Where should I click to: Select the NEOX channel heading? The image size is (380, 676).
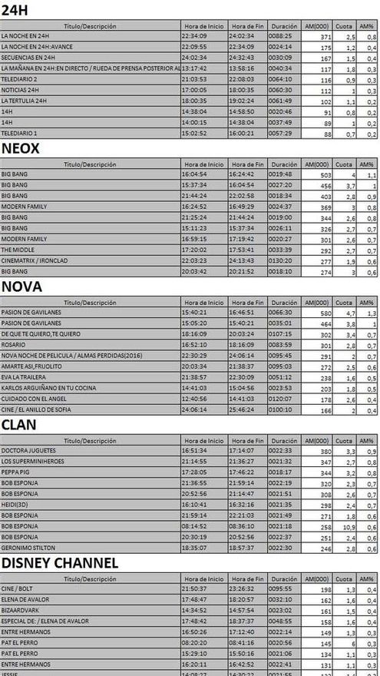[x=21, y=148]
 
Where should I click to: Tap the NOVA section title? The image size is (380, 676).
[x=21, y=287]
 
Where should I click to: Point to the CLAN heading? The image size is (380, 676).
[x=20, y=425]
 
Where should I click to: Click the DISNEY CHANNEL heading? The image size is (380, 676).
[x=59, y=563]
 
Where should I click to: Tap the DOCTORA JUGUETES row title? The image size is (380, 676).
[x=26, y=451]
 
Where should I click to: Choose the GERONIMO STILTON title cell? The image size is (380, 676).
[x=25, y=548]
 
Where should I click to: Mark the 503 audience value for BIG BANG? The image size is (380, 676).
[x=323, y=174]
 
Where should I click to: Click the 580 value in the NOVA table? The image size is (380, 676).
[x=323, y=313]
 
